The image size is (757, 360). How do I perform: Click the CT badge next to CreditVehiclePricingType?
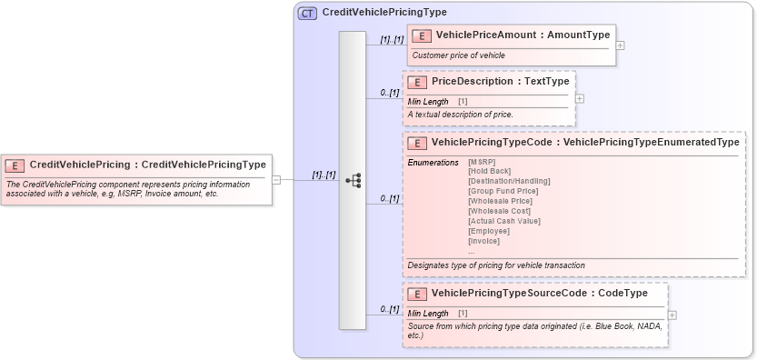point(307,13)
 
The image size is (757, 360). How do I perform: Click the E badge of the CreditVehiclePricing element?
point(15,165)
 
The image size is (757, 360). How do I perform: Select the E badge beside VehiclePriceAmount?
point(421,35)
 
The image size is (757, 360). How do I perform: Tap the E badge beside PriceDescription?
point(416,82)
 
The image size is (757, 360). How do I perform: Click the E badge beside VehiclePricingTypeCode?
point(416,143)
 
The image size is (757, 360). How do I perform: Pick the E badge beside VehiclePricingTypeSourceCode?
point(416,294)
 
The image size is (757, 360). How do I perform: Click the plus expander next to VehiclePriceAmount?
point(620,45)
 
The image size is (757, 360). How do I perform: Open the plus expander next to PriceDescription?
point(579,98)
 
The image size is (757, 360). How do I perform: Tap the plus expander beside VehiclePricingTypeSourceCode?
point(672,315)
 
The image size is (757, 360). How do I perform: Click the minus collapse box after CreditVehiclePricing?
point(276,180)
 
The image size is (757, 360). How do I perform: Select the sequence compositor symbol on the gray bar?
point(353,180)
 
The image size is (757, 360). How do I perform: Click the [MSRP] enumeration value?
point(482,162)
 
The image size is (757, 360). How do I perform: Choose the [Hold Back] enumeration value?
point(489,171)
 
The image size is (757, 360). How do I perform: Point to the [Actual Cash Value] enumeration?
point(504,221)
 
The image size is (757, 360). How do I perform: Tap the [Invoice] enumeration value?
point(483,241)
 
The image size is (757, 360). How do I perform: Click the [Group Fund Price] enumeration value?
point(503,191)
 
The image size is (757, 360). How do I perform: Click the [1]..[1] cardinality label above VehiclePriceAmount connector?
point(392,40)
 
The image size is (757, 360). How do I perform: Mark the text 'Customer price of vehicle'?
point(458,55)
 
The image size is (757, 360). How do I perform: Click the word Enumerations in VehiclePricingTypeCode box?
point(433,162)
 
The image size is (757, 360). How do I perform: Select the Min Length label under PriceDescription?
point(427,101)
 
